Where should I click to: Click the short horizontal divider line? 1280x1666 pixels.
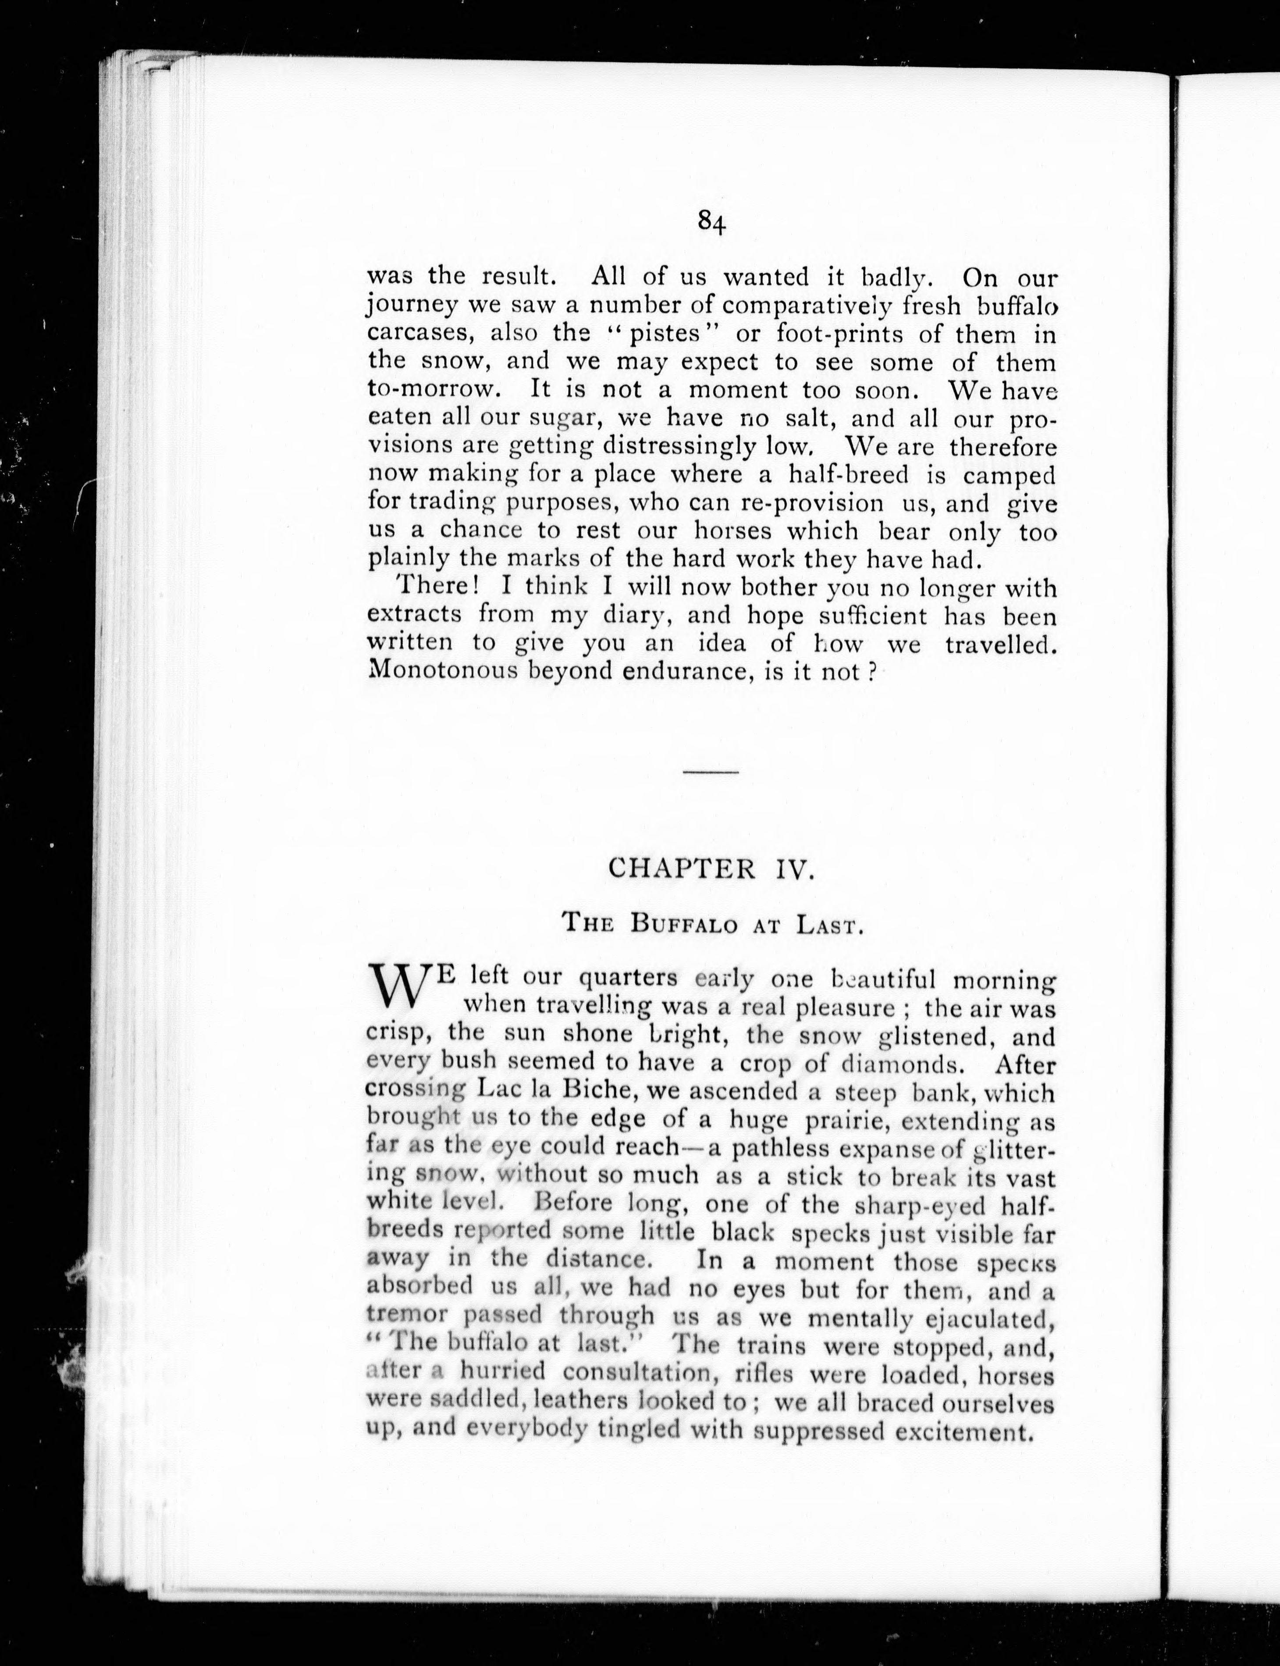(711, 773)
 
